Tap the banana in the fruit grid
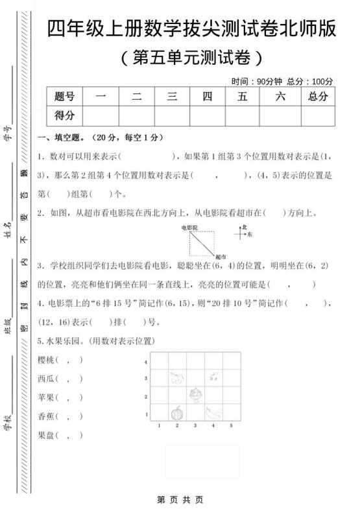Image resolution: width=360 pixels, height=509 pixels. tap(213, 412)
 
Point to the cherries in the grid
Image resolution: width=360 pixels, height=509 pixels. tap(213, 376)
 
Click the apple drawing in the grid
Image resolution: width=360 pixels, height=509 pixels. tap(176, 377)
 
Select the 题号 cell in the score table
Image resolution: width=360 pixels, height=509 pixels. tap(65, 97)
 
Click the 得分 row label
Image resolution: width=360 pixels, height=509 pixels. tap(65, 115)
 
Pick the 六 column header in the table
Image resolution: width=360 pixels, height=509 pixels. tap(280, 97)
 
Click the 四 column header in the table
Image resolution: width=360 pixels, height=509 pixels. tap(208, 97)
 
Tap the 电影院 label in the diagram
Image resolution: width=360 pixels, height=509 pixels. tap(189, 228)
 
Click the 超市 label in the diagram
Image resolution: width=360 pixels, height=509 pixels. tap(220, 257)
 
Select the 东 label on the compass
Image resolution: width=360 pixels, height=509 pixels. tap(250, 234)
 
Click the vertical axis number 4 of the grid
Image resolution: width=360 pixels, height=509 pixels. tap(147, 362)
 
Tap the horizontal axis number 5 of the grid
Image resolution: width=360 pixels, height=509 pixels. tap(231, 426)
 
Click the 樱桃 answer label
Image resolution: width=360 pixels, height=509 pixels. tap(47, 360)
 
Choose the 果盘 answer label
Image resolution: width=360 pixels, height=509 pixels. tap(47, 435)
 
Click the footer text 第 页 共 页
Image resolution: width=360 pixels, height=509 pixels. tap(180, 499)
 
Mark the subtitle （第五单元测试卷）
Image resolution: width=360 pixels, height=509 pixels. tap(192, 58)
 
